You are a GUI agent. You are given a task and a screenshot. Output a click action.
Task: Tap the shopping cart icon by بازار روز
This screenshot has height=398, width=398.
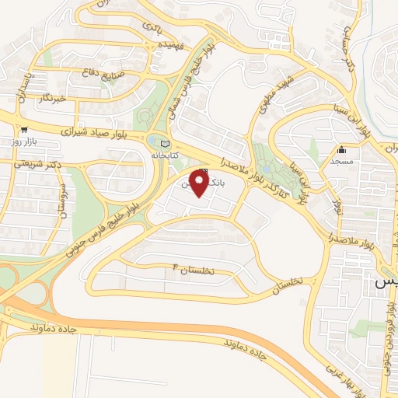pyautogui.click(x=25, y=131)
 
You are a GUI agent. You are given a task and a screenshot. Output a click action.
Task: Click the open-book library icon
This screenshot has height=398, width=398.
pyautogui.click(x=163, y=144)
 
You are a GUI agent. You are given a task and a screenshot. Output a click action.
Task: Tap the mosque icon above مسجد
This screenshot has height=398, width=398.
pyautogui.click(x=341, y=150)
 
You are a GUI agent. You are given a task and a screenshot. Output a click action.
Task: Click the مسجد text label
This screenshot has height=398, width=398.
pyautogui.click(x=342, y=161)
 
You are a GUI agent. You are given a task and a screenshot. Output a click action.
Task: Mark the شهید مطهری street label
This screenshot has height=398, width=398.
pyautogui.click(x=274, y=90)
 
